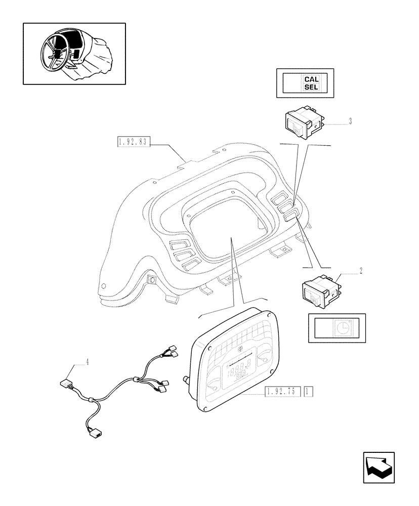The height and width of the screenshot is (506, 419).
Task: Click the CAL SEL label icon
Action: coord(311,83)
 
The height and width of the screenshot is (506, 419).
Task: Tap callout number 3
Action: coord(350,122)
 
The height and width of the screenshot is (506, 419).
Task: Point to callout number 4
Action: coord(87,362)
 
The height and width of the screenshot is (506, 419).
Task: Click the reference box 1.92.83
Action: coord(133,143)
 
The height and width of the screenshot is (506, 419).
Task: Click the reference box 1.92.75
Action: coord(282,391)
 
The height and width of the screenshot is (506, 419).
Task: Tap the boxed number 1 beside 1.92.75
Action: coord(309,391)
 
